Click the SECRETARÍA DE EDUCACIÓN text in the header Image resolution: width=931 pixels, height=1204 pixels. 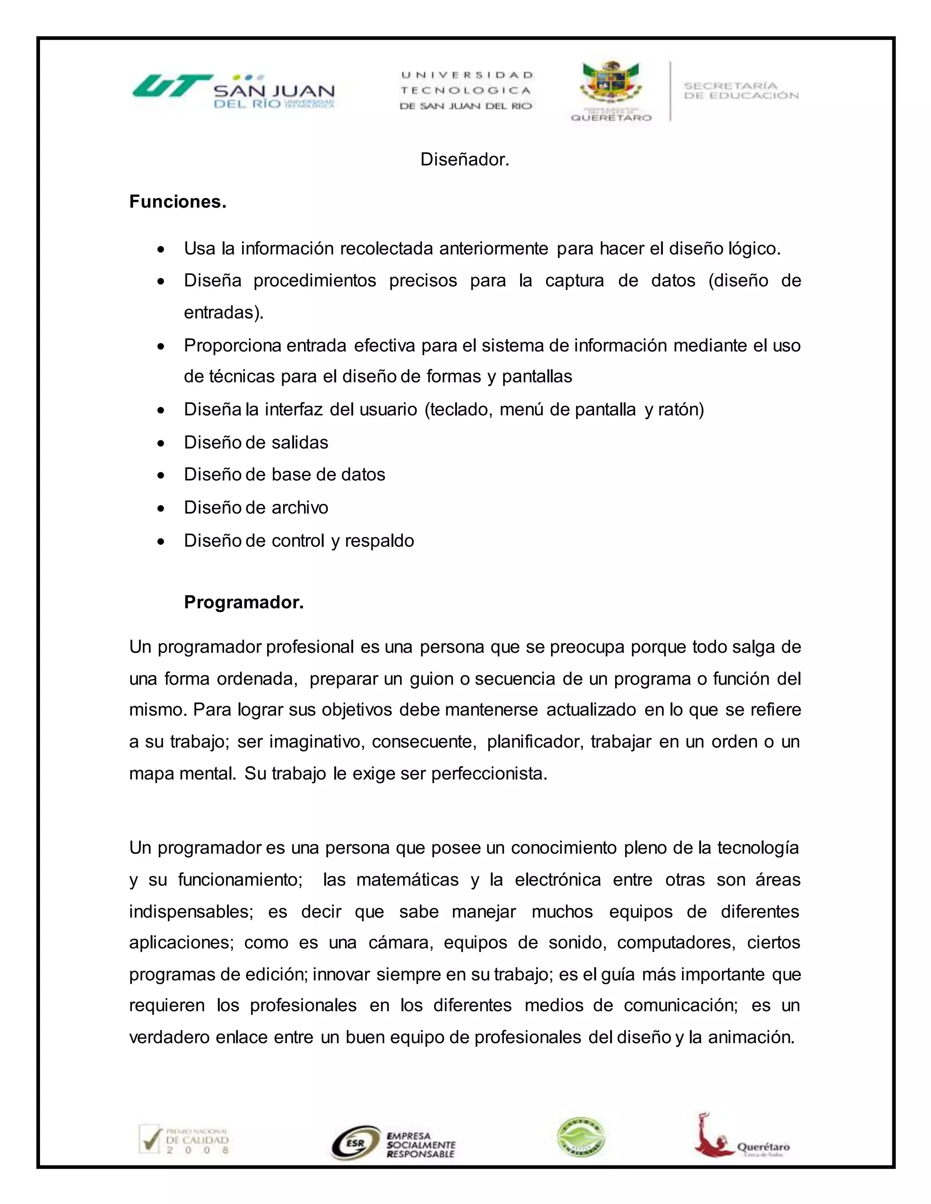[x=741, y=90]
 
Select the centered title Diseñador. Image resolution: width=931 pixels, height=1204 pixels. [x=465, y=159]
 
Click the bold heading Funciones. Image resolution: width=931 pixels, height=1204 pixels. [x=178, y=202]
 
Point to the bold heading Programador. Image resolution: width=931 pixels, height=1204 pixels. [x=244, y=602]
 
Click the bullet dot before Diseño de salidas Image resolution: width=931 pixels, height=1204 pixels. [x=160, y=443]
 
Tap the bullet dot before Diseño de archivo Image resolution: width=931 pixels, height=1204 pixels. [x=160, y=508]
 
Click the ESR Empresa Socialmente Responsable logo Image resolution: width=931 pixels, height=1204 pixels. [x=393, y=1142]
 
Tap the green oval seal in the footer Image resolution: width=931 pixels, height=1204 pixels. [x=581, y=1137]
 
